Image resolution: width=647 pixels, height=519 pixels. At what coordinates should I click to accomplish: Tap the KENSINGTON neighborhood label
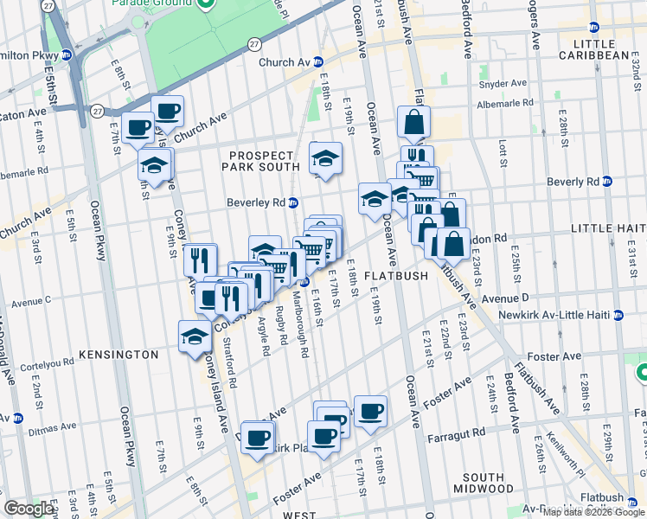(118, 355)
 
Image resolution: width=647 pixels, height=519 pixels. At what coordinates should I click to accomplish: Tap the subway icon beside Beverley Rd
(293, 203)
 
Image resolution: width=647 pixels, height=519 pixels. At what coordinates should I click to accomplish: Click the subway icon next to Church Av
(319, 62)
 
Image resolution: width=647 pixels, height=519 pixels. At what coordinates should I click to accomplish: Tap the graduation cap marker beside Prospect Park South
(325, 158)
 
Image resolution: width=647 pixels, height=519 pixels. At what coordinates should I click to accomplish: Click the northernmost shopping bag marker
(414, 122)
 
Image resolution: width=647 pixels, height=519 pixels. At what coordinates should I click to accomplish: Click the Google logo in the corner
(29, 509)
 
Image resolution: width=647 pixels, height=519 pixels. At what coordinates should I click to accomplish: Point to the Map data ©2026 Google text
(594, 512)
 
